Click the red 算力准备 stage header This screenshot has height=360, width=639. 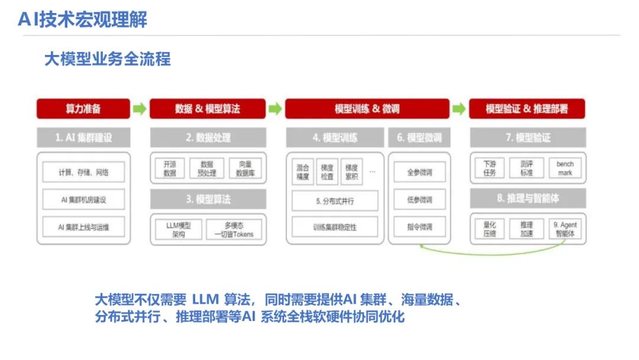(x=83, y=109)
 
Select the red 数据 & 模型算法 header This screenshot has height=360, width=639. (x=207, y=109)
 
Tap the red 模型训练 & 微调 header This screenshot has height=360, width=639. (x=367, y=109)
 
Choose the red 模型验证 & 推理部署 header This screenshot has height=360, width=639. (x=527, y=109)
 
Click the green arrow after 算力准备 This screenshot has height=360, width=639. (x=139, y=109)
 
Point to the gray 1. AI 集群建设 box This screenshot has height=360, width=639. (x=83, y=138)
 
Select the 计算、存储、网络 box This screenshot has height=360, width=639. (x=83, y=172)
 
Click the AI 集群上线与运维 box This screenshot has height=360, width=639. (x=83, y=227)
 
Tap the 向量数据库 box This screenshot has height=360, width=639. (x=246, y=168)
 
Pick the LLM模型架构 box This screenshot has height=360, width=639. (x=177, y=229)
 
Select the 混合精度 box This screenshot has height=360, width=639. (x=302, y=172)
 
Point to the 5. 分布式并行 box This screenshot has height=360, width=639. (x=334, y=201)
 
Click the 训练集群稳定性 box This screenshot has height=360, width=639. (x=334, y=227)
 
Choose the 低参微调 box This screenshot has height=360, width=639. (x=419, y=200)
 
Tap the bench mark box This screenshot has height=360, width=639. (x=565, y=168)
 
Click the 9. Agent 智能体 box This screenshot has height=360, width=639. (x=565, y=229)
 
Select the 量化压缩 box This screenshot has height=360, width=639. (x=489, y=229)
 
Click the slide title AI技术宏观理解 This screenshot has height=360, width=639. (x=82, y=20)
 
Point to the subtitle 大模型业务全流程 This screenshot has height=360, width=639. (x=108, y=59)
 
